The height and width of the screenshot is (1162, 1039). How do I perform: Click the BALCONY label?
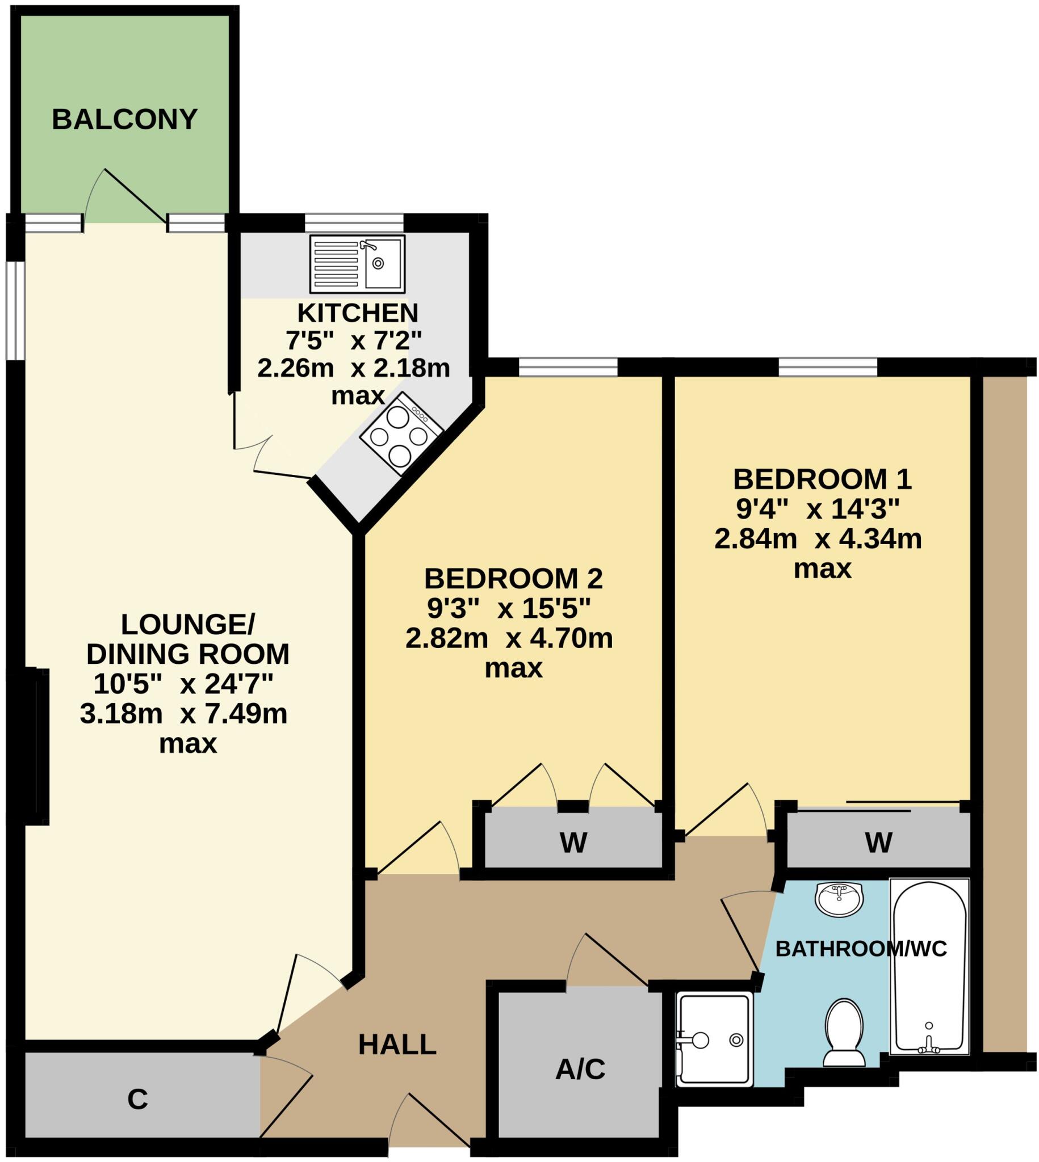point(124,119)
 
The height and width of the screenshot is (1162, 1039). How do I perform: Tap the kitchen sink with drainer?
point(357,263)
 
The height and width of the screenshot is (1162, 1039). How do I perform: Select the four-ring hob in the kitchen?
point(401,434)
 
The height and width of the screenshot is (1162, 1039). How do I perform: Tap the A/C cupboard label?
point(580,1069)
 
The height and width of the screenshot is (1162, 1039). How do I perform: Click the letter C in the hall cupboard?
point(137,1099)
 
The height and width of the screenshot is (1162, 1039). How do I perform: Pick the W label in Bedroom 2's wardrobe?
point(573,843)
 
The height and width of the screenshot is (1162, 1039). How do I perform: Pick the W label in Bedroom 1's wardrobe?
point(878,843)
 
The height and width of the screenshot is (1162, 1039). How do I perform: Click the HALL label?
point(397,1045)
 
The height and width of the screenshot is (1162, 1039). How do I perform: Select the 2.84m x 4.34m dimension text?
point(818,539)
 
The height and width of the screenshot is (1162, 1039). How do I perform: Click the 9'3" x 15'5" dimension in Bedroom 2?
point(509,609)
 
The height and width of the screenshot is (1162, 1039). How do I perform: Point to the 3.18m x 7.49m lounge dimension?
point(183,714)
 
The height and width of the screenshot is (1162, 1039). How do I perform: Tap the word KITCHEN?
point(358,313)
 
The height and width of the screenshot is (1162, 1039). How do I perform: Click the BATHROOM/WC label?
point(861,949)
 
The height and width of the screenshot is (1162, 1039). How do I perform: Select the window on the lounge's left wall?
point(16,310)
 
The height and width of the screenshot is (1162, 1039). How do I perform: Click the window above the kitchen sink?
point(354,222)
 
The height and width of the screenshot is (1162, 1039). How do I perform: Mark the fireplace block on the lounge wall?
point(37,747)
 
